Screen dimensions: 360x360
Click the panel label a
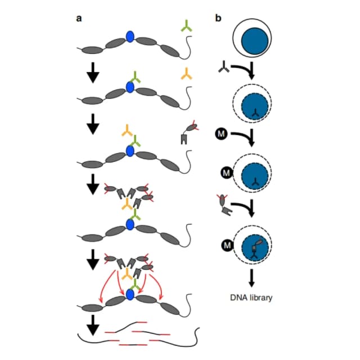[x=79, y=19]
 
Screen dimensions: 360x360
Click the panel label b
[x=218, y=17]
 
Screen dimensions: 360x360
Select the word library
[x=261, y=298]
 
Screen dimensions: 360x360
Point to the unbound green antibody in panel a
[x=186, y=26]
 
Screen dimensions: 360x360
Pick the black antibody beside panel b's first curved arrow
[x=224, y=67]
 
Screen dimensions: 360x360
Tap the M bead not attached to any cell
[x=221, y=134]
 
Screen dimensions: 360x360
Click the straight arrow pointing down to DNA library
[x=252, y=278]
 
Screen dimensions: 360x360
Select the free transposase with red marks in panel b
[x=224, y=205]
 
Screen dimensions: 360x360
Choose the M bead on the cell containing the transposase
[x=227, y=245]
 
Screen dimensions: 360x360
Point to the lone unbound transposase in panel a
[x=189, y=133]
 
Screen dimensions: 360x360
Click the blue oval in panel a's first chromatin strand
[x=130, y=37]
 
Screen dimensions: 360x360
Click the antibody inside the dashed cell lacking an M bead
[x=255, y=113]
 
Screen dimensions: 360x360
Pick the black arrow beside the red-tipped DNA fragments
[x=93, y=325]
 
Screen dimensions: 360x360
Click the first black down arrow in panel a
[x=93, y=73]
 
